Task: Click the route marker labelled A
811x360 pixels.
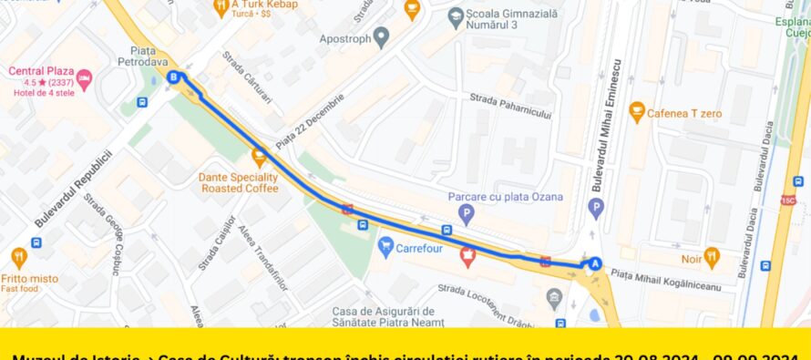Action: coord(595,263)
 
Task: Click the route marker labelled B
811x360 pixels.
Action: coord(174,77)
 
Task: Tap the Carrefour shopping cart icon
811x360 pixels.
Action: coord(386,245)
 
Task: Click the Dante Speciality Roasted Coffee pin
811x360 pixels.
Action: coord(259,155)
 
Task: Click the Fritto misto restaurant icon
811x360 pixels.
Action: coord(19,257)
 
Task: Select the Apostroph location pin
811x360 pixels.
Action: coord(382,37)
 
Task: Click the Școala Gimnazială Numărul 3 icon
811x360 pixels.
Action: coord(457,15)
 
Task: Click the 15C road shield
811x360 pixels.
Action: coord(788,200)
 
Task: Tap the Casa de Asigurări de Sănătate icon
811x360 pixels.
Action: coord(555,297)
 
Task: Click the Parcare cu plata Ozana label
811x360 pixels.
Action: coord(505,196)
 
